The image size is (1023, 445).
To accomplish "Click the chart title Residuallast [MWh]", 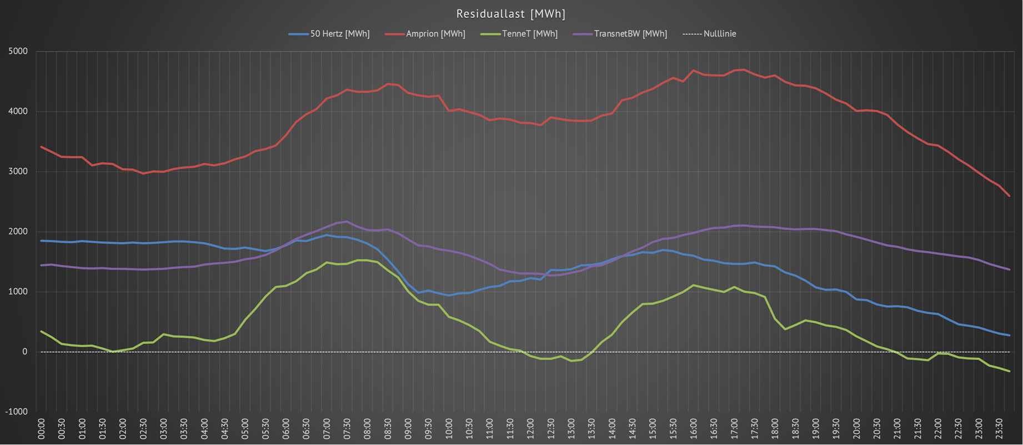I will (x=511, y=14).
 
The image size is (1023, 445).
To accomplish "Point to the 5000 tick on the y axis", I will (x=18, y=52).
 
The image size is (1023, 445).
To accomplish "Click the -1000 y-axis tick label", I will (x=16, y=412).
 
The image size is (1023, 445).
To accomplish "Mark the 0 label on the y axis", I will (x=24, y=352).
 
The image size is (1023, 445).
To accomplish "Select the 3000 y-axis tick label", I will (x=18, y=172).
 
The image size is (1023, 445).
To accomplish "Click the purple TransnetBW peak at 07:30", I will (x=347, y=221).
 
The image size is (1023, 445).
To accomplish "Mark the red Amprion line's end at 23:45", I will (x=1009, y=196).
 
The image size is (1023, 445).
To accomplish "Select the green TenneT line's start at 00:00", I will (x=42, y=331).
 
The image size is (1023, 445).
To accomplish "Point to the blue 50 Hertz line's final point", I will (x=1009, y=335).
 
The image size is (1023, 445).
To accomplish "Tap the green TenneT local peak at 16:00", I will (x=693, y=285).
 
